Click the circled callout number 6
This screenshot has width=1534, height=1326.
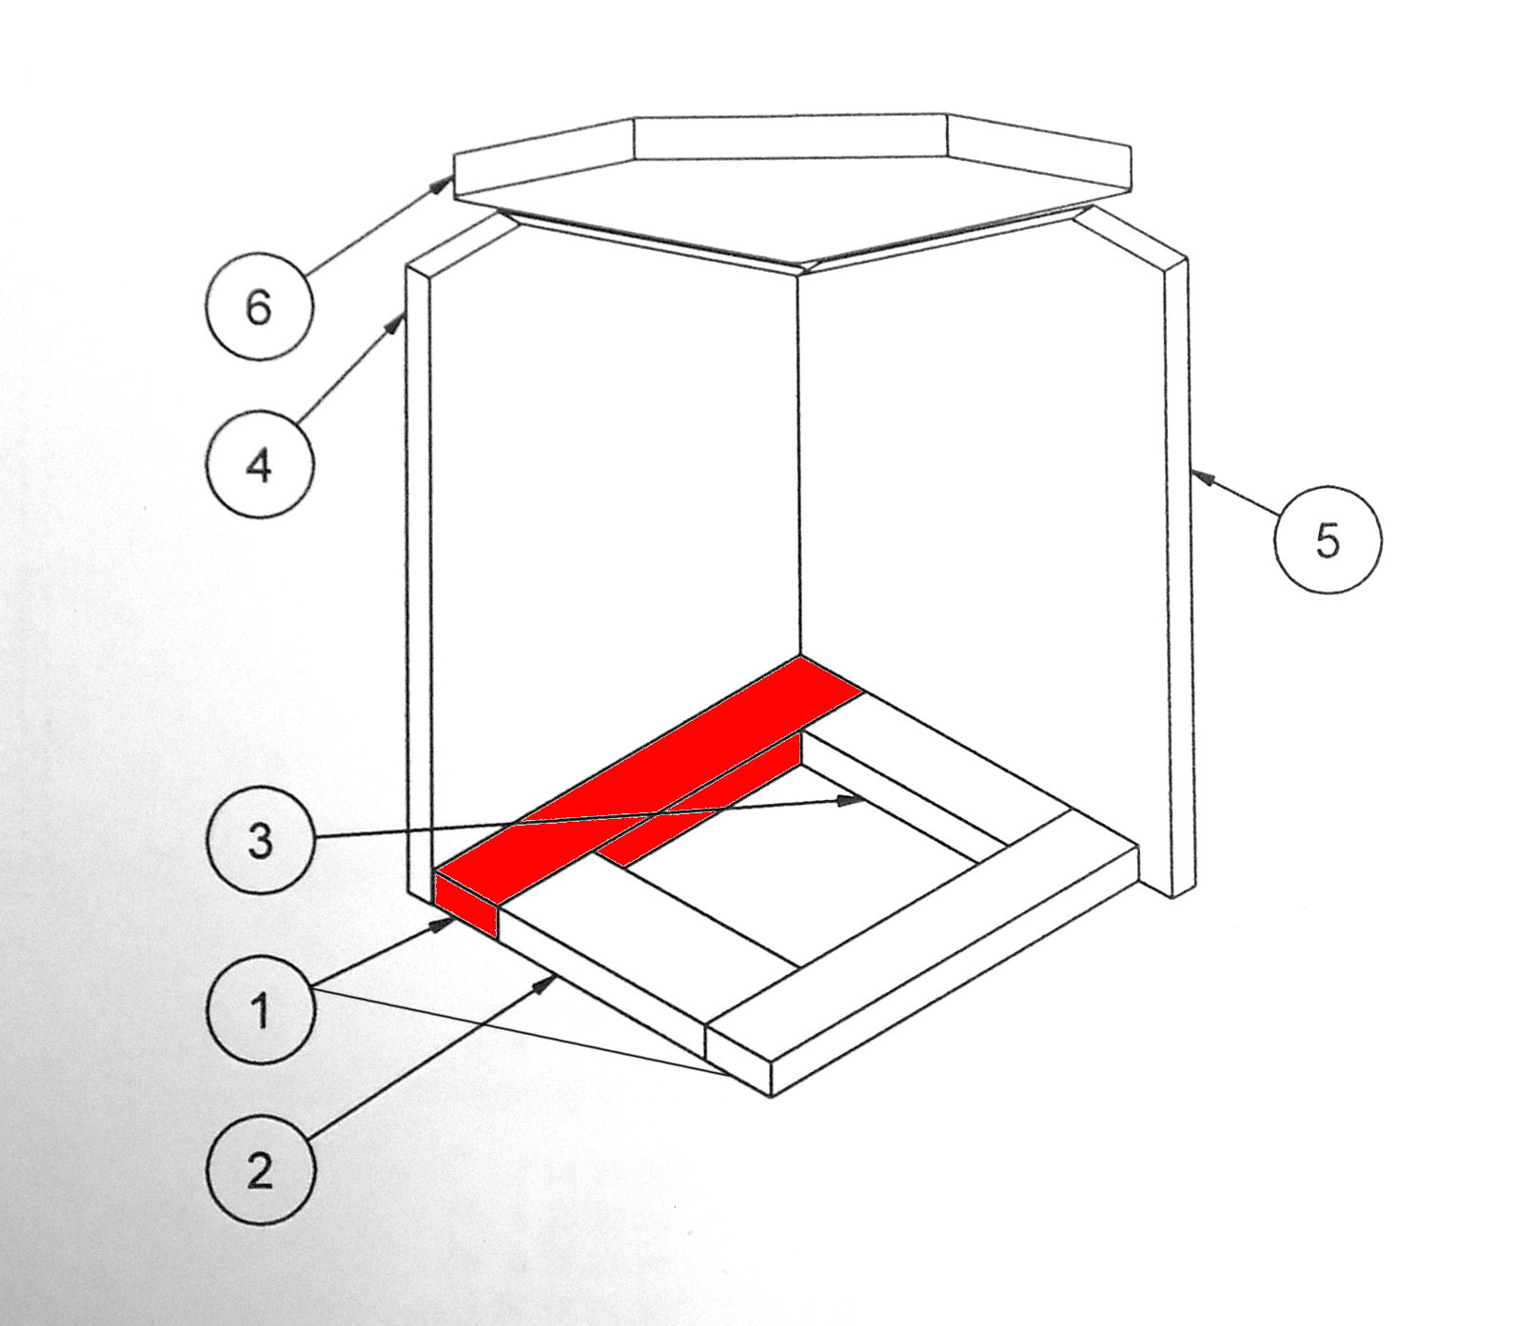(x=259, y=307)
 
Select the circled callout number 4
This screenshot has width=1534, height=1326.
(x=259, y=466)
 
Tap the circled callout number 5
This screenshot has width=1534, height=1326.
(x=1327, y=541)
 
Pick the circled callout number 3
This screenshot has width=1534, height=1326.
(x=260, y=840)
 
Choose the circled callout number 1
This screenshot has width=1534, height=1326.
(x=260, y=1009)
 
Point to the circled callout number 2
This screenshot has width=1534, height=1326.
(x=260, y=1169)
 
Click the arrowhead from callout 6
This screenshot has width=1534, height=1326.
(x=442, y=184)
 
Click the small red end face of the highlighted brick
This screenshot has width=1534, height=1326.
(x=466, y=906)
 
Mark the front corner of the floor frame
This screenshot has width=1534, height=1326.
(x=772, y=1096)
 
